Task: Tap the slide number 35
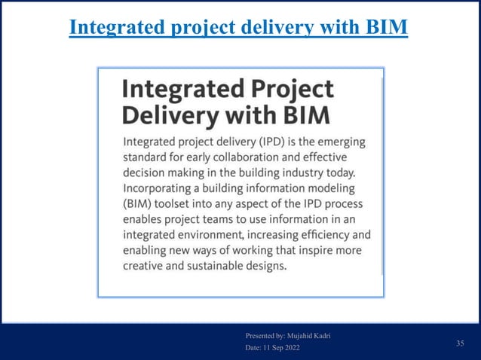point(460,343)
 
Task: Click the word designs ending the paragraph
point(270,267)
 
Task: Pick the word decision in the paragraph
point(146,172)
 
